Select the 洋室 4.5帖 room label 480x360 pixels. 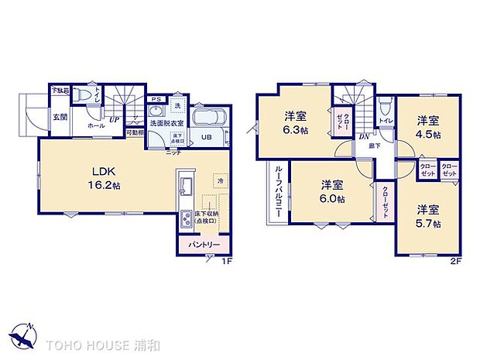coord(428,127)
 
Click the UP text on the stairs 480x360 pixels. coord(113,119)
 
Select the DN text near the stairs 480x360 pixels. coord(363,136)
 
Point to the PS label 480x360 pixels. coord(156,98)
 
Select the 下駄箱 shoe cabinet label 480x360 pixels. coord(60,91)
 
